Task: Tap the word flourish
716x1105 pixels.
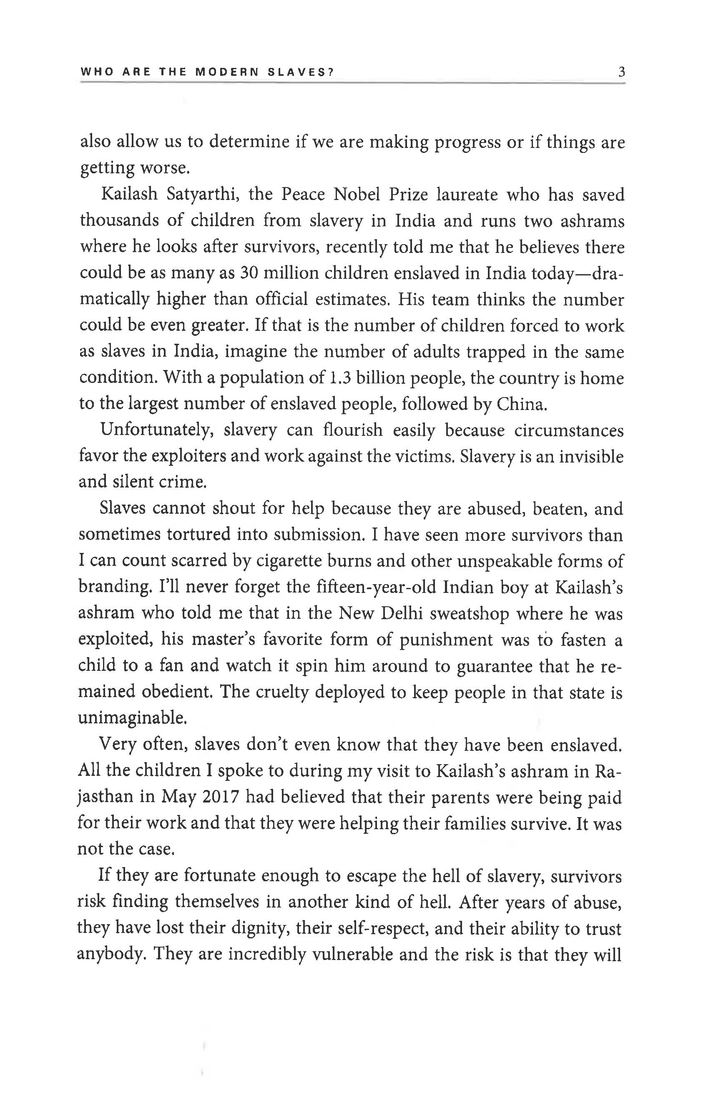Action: [x=353, y=430]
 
